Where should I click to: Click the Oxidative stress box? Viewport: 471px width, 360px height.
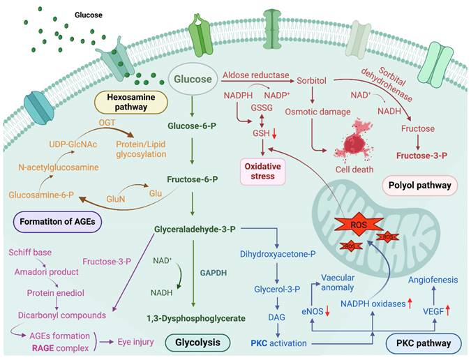pyautogui.click(x=263, y=171)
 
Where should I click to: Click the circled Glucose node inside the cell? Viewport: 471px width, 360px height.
pyautogui.click(x=192, y=80)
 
